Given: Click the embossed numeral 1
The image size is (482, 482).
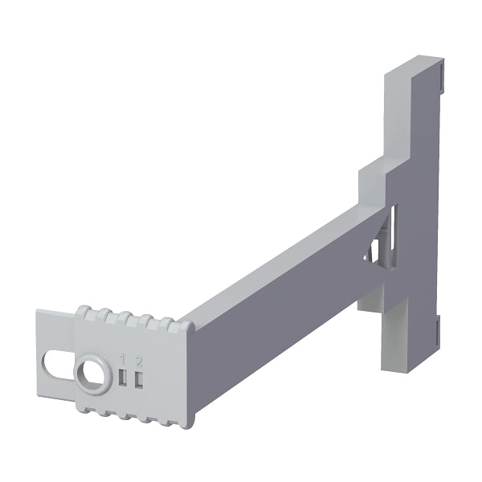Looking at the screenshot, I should [123, 359].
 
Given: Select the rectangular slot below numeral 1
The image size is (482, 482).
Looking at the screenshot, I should [123, 378].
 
